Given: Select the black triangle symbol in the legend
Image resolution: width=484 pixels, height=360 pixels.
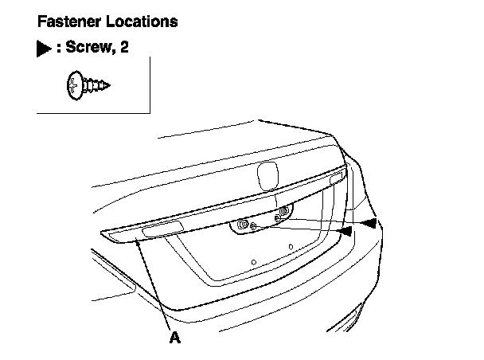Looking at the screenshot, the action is [43, 49].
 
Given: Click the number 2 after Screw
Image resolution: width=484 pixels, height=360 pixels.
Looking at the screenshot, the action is [123, 49].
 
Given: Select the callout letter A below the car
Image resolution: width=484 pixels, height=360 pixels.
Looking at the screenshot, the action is [174, 338].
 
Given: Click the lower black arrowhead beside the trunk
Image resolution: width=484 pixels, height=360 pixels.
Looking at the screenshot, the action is [345, 231].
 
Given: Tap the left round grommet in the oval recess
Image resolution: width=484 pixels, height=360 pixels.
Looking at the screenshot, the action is [244, 226].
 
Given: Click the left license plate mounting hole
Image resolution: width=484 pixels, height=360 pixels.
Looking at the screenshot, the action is [252, 262].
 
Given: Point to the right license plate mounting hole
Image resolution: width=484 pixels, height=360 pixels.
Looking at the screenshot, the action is [291, 247].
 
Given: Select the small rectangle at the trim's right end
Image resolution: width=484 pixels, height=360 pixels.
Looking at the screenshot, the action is [336, 178].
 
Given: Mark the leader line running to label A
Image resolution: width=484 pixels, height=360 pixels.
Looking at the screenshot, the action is [154, 284].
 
